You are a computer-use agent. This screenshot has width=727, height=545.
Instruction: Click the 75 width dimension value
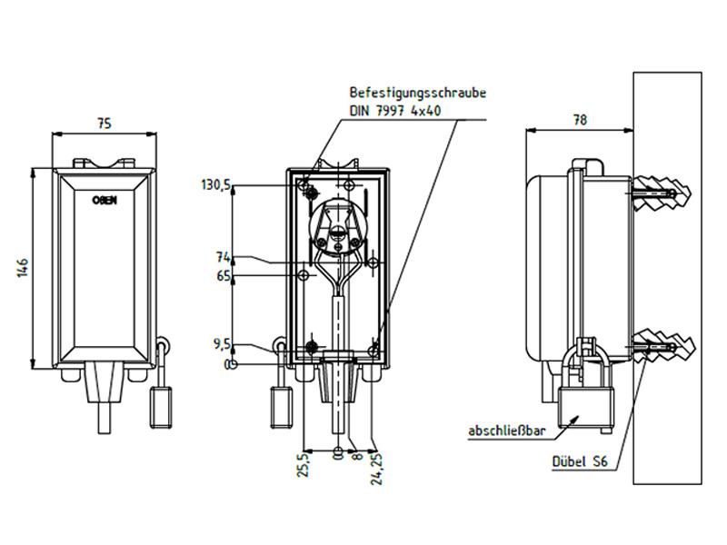[105, 124]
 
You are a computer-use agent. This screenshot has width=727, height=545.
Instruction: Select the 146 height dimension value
[23, 268]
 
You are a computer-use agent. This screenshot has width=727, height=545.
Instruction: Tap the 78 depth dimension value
[580, 120]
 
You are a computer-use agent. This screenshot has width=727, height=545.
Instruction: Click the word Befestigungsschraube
[418, 93]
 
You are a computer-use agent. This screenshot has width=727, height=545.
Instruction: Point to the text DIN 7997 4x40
[395, 111]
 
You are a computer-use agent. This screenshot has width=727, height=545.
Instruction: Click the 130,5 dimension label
[215, 185]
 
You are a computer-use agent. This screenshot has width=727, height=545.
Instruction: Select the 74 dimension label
[223, 257]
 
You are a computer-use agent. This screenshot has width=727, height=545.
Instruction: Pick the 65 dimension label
[223, 276]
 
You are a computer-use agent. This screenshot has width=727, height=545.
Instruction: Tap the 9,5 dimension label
[222, 344]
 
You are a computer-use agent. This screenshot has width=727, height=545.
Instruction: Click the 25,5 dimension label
[304, 465]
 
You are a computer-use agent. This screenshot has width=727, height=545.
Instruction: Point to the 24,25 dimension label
[377, 469]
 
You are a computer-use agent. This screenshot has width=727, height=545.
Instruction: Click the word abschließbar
[507, 431]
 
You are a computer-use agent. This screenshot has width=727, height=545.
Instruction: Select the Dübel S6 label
[580, 461]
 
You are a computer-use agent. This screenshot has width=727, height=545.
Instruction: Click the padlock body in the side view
[585, 406]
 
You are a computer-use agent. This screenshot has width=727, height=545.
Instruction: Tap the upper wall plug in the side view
[662, 193]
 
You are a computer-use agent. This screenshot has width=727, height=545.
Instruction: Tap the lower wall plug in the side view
[664, 347]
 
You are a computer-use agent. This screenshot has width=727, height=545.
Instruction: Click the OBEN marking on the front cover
[105, 200]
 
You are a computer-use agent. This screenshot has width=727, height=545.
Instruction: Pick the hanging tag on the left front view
[161, 407]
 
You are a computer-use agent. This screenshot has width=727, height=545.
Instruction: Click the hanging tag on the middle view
[282, 407]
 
